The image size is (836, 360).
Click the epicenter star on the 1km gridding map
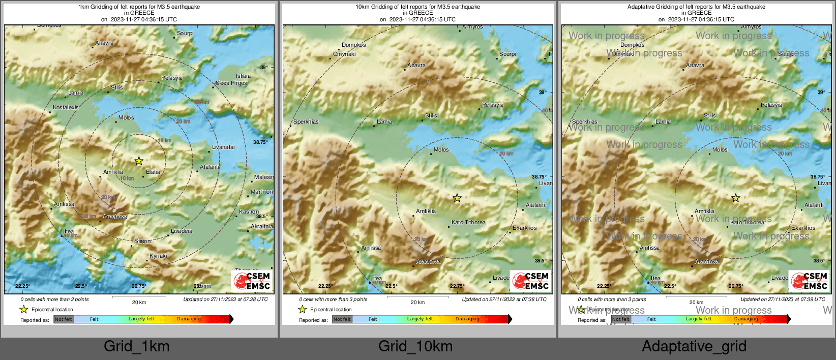[x=139, y=161]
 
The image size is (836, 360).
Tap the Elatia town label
[x=153, y=172]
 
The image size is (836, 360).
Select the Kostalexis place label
[x=66, y=107]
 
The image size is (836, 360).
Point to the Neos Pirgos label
[x=231, y=83]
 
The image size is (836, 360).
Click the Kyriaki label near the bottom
[x=158, y=256]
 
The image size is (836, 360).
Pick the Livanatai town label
[x=223, y=147]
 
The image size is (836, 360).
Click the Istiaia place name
[x=243, y=76]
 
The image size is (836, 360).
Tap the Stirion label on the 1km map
[x=142, y=241]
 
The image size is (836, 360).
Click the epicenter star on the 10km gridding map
[x=457, y=198]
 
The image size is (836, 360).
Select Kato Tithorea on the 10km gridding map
[x=468, y=222]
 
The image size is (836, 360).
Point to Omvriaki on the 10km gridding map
[x=344, y=54]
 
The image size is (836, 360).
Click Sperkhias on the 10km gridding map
[x=306, y=122]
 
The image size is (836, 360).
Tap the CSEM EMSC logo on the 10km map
[x=530, y=281]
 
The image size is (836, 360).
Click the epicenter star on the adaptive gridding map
[x=736, y=198]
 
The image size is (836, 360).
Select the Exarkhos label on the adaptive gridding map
[x=803, y=228]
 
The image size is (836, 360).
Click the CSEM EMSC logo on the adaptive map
[x=809, y=281]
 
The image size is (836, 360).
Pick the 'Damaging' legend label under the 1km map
[x=189, y=319]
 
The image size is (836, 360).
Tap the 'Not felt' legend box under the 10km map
[x=342, y=319]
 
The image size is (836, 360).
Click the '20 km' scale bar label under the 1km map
[x=139, y=302]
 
